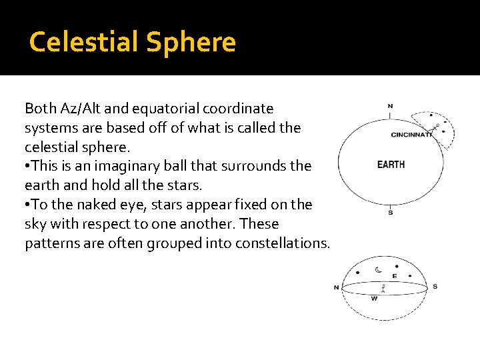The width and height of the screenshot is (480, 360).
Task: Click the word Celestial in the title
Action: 84,42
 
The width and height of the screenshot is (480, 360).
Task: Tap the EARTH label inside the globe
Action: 391,165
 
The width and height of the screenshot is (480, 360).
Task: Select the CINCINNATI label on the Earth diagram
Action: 411,135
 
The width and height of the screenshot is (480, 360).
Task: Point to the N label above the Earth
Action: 390,106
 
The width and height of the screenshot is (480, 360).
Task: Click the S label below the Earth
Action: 390,213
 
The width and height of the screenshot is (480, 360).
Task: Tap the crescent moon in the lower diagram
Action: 378,270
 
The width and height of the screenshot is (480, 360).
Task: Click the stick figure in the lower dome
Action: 383,289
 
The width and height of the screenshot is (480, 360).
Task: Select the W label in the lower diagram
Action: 374,299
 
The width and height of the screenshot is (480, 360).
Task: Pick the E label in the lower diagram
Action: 395,276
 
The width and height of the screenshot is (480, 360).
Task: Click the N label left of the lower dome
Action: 337,287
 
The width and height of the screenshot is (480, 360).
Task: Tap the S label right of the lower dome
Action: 435,287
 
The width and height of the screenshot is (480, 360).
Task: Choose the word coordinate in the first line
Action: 241,108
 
